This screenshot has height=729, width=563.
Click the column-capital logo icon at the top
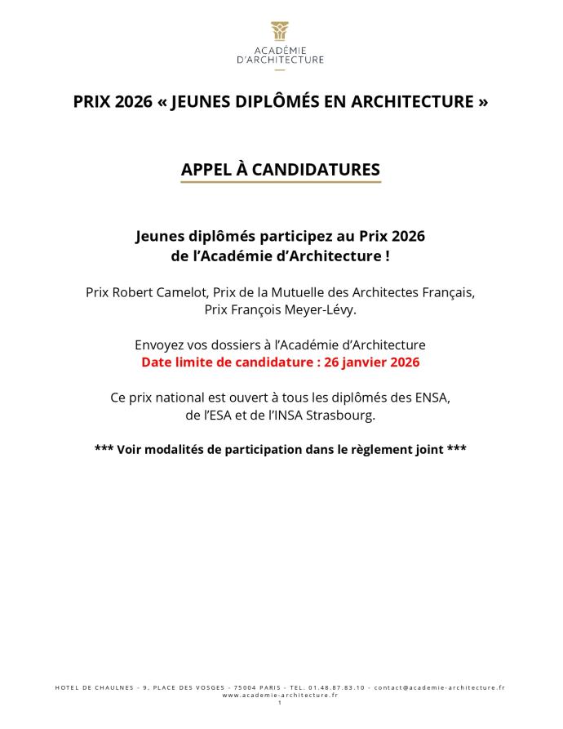[x=280, y=30]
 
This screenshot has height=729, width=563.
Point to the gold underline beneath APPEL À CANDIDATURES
[x=280, y=182]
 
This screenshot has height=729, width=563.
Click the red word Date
[x=157, y=362]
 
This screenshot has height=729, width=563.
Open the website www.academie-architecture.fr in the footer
[x=280, y=695]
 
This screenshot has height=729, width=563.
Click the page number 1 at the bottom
[x=279, y=702]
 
